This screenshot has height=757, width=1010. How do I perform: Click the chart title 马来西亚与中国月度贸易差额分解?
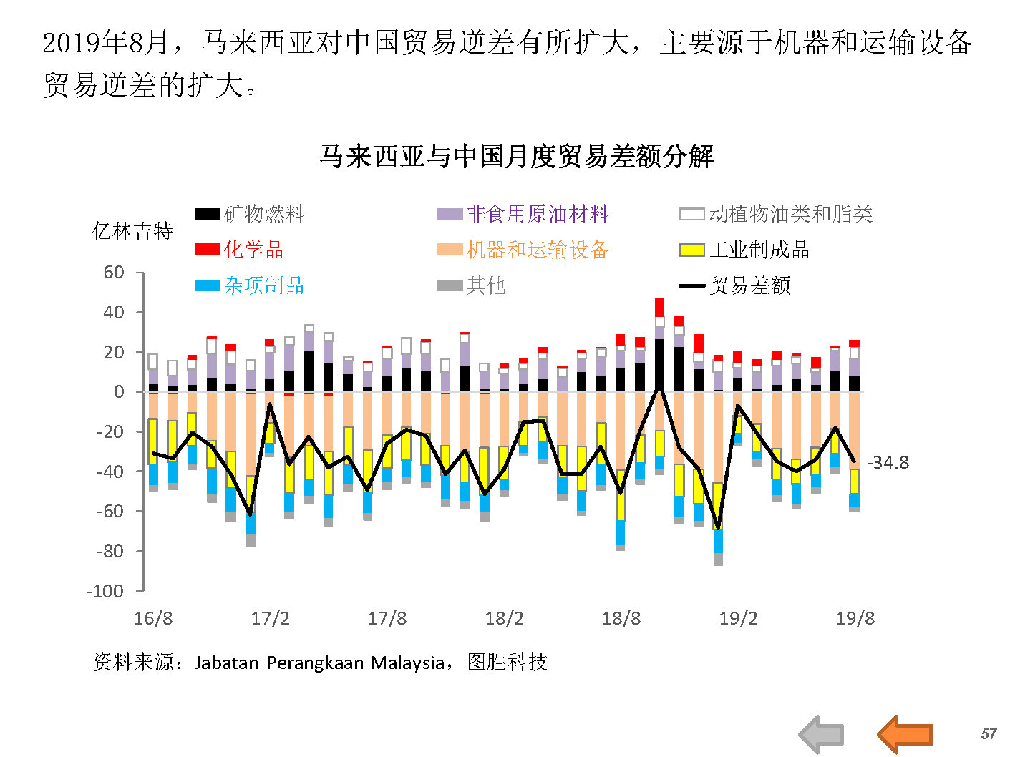click(516, 156)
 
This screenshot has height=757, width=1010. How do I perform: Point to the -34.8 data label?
click(888, 463)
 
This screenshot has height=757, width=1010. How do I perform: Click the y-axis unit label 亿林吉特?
click(133, 231)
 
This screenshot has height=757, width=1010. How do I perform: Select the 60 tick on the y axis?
click(114, 273)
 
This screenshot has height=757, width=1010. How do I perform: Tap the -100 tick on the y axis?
click(105, 591)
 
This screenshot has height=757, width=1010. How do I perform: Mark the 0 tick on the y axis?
click(119, 392)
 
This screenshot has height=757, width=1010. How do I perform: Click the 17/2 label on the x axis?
click(270, 619)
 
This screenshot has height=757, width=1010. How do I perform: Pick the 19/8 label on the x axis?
click(855, 619)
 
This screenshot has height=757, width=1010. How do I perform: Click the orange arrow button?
click(905, 734)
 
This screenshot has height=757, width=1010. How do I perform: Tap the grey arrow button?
click(822, 734)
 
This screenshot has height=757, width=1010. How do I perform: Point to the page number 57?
click(989, 734)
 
